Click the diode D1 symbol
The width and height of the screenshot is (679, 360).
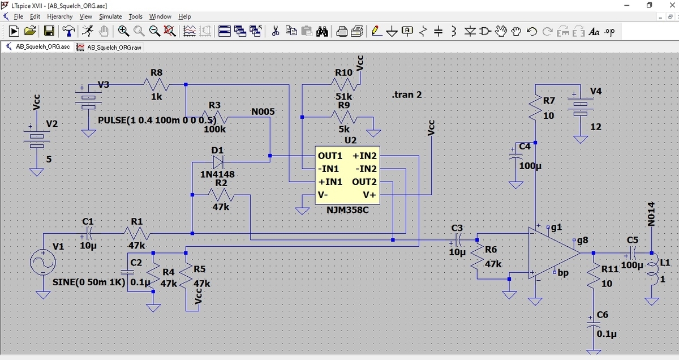(x=218, y=161)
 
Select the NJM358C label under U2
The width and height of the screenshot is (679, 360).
(x=347, y=210)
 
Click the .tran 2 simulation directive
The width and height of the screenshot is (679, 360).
(x=407, y=95)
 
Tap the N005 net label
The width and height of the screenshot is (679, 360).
(x=263, y=112)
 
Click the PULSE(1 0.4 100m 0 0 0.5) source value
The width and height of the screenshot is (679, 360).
(x=157, y=120)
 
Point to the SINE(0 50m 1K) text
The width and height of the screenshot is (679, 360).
(x=88, y=282)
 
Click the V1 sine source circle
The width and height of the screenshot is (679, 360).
(x=43, y=263)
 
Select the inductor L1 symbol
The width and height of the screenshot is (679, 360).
(x=651, y=270)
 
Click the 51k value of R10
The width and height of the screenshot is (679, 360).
(x=344, y=96)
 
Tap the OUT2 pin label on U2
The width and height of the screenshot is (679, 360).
(x=364, y=182)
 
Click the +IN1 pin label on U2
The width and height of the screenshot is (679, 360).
(x=330, y=182)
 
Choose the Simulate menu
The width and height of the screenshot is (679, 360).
(x=110, y=16)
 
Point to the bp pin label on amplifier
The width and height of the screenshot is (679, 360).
(x=562, y=273)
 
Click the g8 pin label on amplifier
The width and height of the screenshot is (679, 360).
(x=582, y=241)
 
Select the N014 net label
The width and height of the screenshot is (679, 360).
(x=651, y=214)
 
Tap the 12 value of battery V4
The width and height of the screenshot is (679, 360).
(x=595, y=127)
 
